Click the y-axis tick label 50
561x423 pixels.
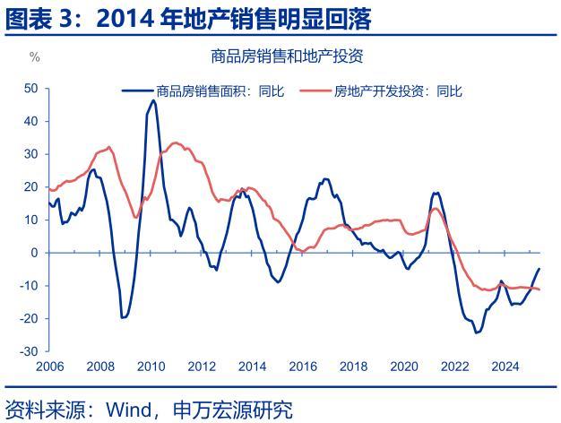(30, 88)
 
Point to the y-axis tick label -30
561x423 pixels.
(30, 351)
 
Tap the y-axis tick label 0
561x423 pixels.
(34, 253)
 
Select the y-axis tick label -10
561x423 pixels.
(30, 286)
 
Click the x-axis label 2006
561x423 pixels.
(49, 366)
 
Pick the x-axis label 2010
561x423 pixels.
(151, 366)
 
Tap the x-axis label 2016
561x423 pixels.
(302, 366)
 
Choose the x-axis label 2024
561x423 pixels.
(505, 366)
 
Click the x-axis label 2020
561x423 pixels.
(403, 366)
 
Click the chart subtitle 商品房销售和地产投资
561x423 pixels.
(286, 56)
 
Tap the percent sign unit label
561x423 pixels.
(35, 57)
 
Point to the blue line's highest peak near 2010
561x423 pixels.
(153, 100)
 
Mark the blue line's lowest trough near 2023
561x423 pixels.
(478, 332)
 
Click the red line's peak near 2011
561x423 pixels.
(176, 142)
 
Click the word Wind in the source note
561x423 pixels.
(127, 410)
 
